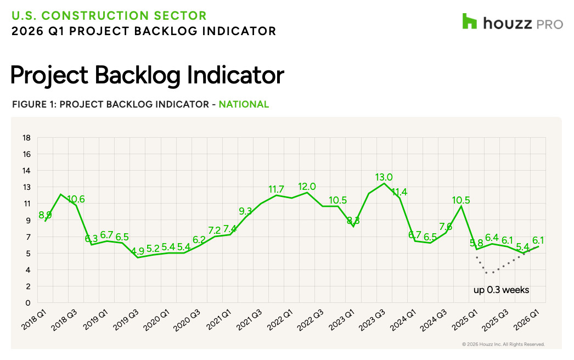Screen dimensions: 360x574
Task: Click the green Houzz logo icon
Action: point(470,21)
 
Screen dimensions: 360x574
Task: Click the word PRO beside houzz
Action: point(549,23)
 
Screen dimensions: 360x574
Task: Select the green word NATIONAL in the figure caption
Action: point(244,104)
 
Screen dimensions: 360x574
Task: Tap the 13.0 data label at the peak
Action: point(384,177)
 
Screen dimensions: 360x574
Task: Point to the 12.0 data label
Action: point(307,187)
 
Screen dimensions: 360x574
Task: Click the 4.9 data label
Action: point(137,251)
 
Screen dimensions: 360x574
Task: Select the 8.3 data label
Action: point(353,221)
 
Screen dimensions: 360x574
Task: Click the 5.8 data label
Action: point(476,243)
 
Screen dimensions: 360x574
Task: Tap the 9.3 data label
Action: point(246,211)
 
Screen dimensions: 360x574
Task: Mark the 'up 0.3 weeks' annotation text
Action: point(502,290)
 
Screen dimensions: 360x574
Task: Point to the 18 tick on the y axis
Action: point(25,138)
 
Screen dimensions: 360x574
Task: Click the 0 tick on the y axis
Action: point(27,303)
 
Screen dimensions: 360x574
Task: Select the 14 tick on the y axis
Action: point(25,171)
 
